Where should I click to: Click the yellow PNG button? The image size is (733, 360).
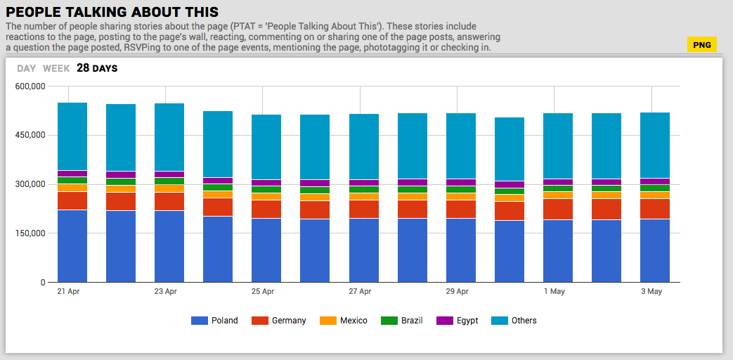click(x=701, y=45)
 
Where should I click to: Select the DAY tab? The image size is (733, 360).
click(x=27, y=68)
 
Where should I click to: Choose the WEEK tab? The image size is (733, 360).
click(x=56, y=68)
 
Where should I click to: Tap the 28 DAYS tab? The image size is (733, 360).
click(x=97, y=68)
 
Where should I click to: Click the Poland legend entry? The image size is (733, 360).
click(x=214, y=321)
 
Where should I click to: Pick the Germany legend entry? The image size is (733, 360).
click(x=280, y=321)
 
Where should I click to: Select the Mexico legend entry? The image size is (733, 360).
click(x=344, y=321)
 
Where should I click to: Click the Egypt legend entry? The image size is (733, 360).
click(x=458, y=321)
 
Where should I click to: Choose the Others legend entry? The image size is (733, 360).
click(x=514, y=321)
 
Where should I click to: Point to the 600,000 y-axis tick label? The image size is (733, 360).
click(x=30, y=86)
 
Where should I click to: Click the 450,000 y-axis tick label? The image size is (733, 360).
click(x=30, y=135)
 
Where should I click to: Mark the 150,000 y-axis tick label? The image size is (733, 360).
click(x=30, y=233)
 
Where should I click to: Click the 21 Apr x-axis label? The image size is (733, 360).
click(x=68, y=291)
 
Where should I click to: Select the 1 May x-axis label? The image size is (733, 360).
click(x=554, y=291)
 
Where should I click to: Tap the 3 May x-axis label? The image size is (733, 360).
click(x=651, y=291)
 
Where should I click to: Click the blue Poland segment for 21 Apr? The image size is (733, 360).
click(x=72, y=246)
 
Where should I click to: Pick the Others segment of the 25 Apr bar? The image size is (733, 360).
click(x=266, y=147)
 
